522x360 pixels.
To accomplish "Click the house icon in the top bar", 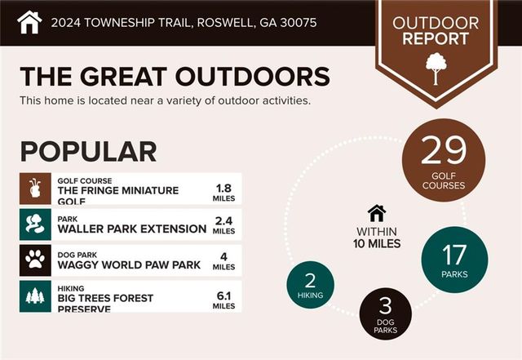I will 29,21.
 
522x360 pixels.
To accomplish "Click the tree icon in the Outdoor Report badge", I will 436,68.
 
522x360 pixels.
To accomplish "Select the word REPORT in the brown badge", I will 436,38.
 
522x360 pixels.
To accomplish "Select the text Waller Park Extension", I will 131,229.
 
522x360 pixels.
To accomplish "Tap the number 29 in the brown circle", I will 444,151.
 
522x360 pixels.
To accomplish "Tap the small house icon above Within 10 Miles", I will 376,213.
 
